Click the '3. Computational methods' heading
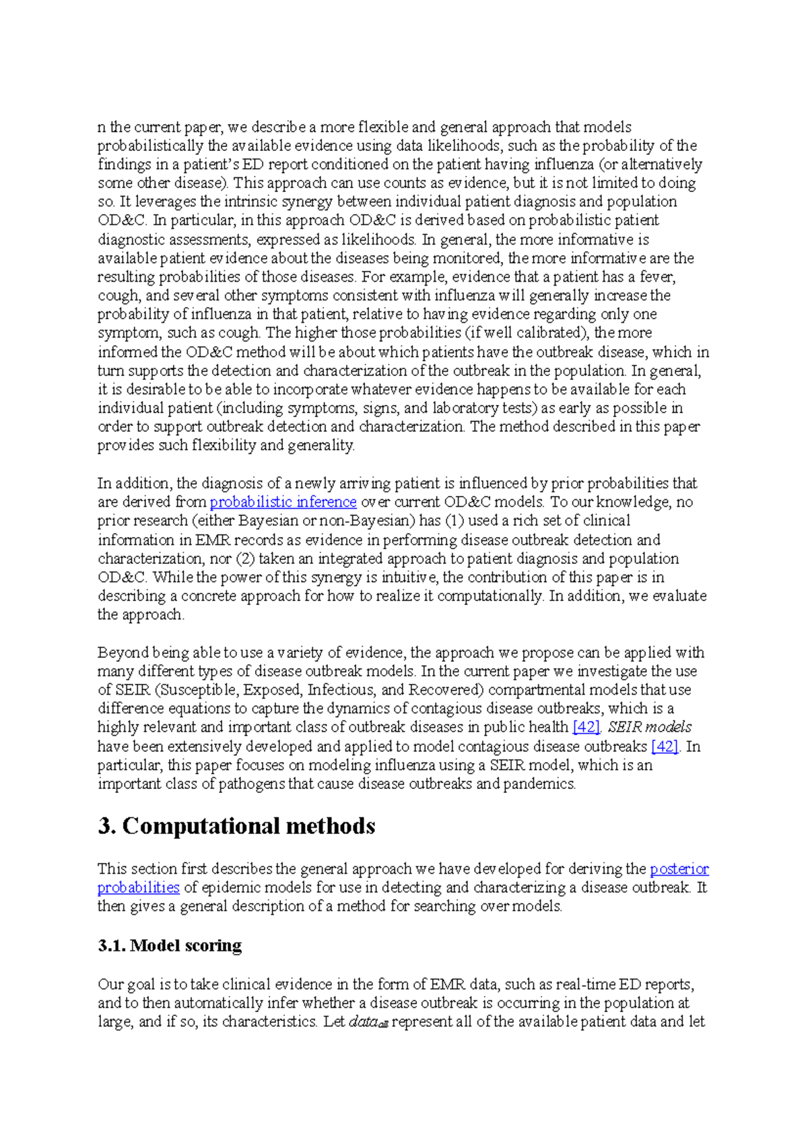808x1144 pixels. [x=236, y=826]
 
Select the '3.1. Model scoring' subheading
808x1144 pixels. [x=170, y=945]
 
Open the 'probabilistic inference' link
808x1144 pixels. [x=283, y=502]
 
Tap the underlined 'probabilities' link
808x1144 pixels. [x=138, y=887]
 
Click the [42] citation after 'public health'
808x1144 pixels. [x=586, y=727]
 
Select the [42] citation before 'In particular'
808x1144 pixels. [x=665, y=746]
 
